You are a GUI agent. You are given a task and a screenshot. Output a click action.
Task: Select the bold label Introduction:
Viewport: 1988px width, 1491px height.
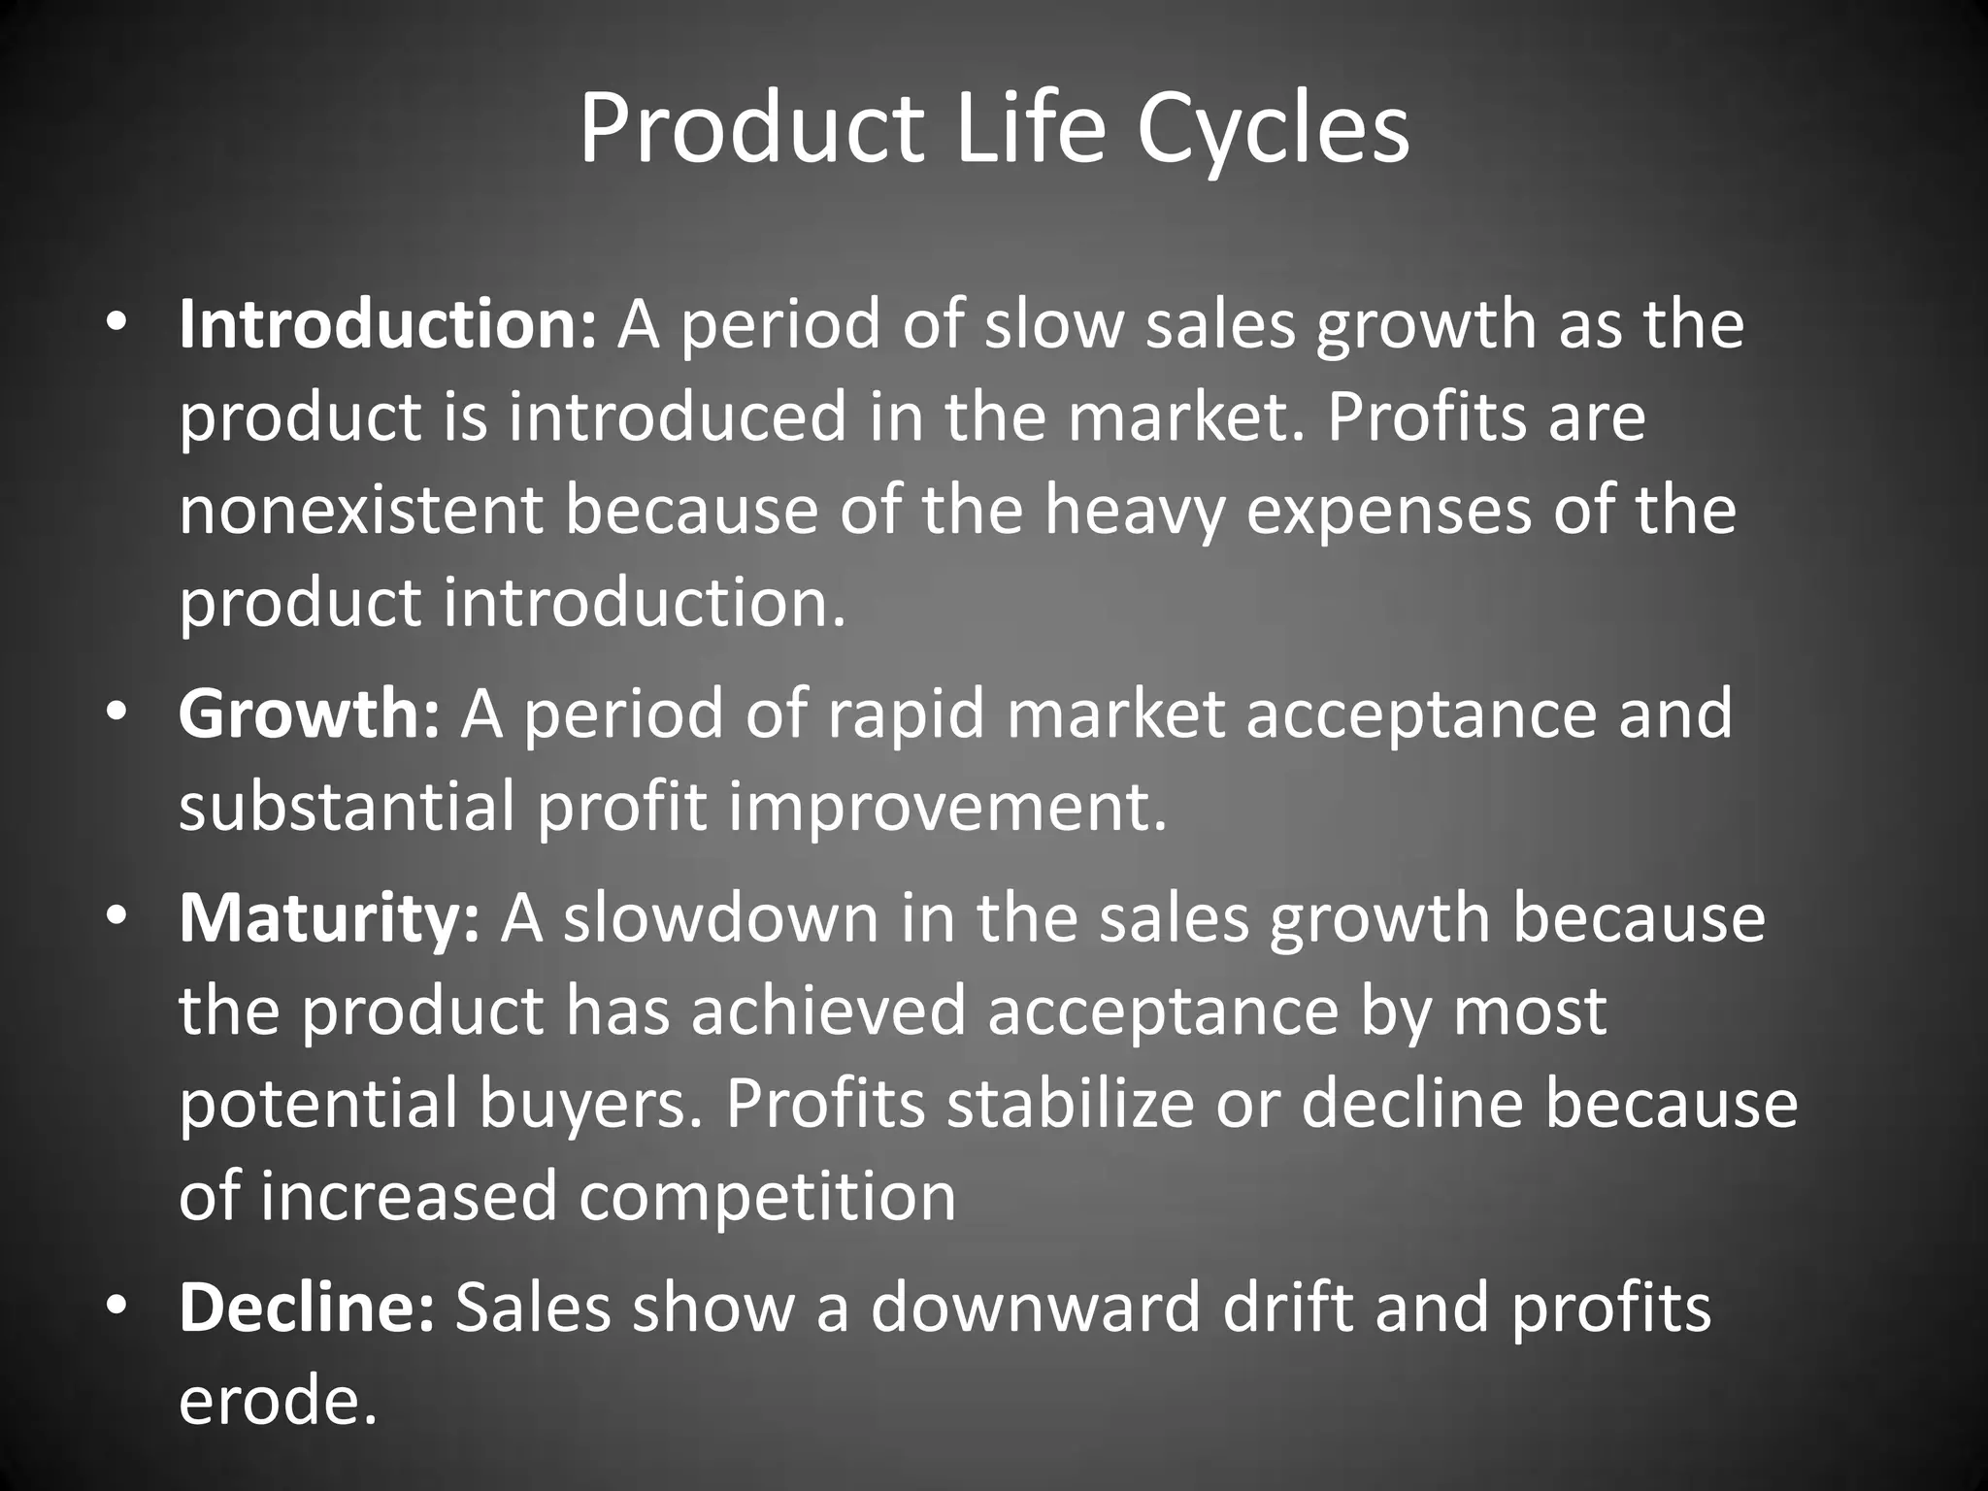[387, 324]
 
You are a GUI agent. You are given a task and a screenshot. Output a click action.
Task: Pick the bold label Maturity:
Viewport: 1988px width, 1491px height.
[329, 918]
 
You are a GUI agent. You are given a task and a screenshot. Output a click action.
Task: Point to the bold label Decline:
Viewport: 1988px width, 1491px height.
[307, 1308]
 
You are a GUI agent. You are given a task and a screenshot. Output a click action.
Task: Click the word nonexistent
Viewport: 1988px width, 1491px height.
[360, 511]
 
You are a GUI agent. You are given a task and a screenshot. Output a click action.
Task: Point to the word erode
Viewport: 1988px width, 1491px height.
[276, 1401]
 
